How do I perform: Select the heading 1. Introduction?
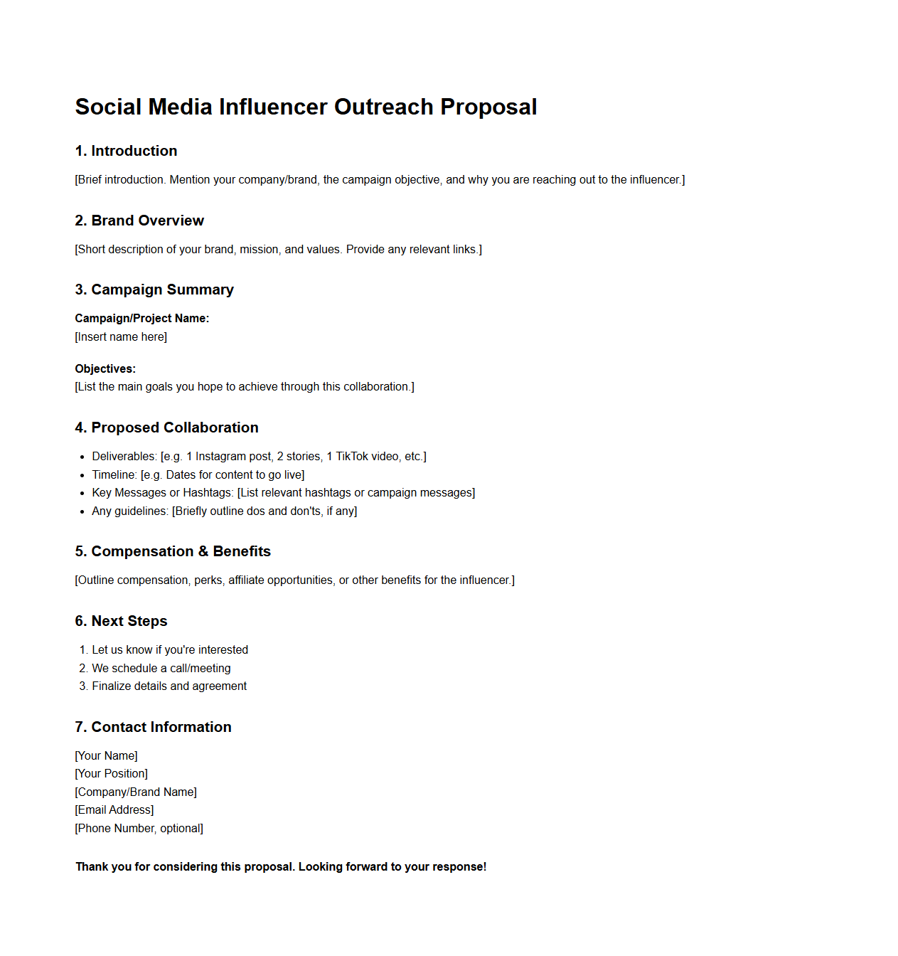(126, 151)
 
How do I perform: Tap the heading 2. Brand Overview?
(139, 221)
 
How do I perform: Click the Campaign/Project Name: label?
(142, 318)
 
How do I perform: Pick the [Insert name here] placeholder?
(121, 336)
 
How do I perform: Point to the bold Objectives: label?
(105, 368)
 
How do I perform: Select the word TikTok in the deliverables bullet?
(352, 456)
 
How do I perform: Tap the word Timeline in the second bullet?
(114, 474)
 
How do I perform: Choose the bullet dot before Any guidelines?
(83, 511)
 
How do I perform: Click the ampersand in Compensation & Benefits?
(203, 551)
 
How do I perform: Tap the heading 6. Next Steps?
(121, 621)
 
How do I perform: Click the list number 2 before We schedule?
(83, 668)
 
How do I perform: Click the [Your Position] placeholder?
(112, 773)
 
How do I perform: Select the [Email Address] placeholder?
(114, 809)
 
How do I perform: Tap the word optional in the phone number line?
(181, 828)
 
